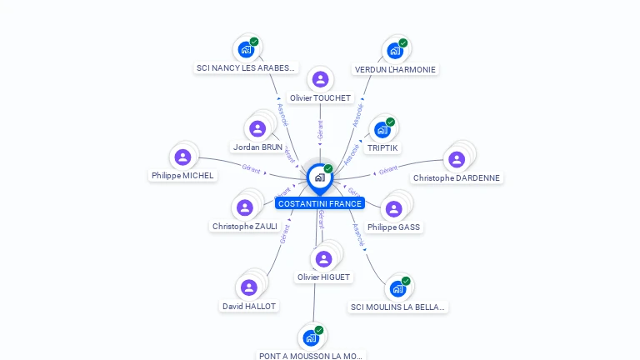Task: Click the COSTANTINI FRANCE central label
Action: tap(320, 203)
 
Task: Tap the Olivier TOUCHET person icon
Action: tap(320, 79)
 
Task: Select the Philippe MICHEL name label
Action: tap(182, 176)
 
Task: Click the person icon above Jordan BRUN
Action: tap(257, 128)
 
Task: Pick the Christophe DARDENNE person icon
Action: tap(456, 159)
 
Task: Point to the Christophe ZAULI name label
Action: tap(244, 226)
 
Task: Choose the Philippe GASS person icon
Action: tap(393, 208)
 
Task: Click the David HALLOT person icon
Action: tap(248, 287)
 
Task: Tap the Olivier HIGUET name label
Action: tap(323, 277)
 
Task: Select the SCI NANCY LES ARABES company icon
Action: tap(245, 49)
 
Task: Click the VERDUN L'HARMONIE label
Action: tap(395, 69)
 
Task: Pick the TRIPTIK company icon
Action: tap(382, 129)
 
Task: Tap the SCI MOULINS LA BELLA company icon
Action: tap(397, 288)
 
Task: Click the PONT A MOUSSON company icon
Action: tap(310, 337)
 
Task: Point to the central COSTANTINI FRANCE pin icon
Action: tap(319, 177)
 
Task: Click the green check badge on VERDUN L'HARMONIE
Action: tap(403, 42)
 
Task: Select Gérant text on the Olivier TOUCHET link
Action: tap(320, 129)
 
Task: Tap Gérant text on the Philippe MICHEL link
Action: tap(251, 169)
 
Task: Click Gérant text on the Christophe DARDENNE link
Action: tap(387, 172)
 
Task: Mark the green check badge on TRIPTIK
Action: tap(390, 122)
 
